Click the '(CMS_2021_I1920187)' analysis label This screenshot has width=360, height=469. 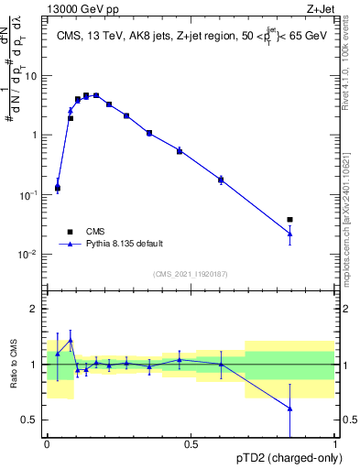[190, 273]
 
